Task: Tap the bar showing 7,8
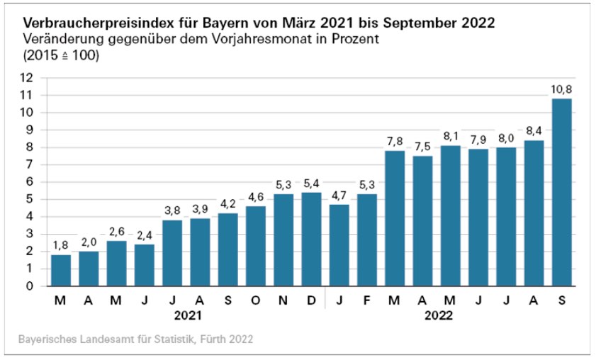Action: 394,218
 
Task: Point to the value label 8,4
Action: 533,131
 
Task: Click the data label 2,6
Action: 116,232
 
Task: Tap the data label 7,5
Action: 422,147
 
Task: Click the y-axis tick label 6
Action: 29,181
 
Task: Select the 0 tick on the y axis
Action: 29,286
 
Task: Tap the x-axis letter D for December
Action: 311,300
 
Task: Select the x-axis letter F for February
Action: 366,300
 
